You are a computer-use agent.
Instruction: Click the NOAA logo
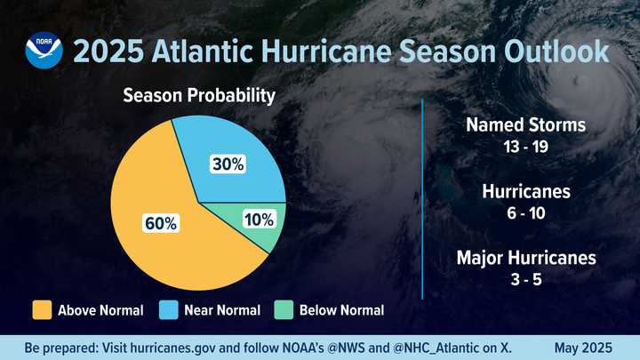click(44, 51)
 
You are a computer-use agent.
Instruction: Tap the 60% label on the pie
click(161, 224)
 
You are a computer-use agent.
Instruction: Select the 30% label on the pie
click(228, 164)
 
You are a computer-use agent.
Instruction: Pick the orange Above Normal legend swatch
click(42, 310)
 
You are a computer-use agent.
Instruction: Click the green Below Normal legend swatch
click(284, 310)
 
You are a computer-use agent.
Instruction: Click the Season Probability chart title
click(199, 95)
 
